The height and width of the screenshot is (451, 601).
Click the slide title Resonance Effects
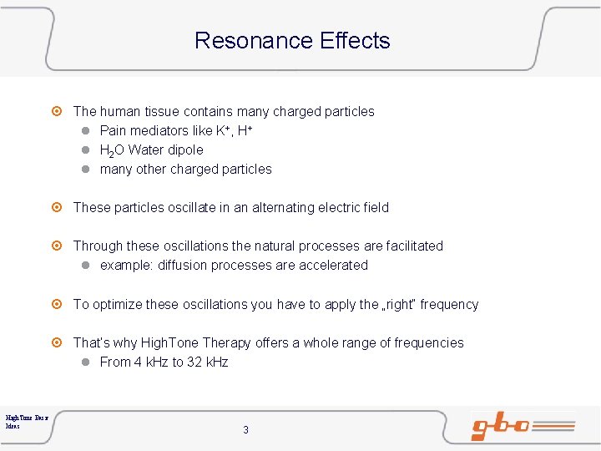pos(292,40)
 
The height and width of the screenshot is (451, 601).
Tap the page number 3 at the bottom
pos(245,430)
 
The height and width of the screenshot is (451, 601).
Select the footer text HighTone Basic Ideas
pos(27,420)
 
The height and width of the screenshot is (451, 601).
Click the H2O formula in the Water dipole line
pos(112,150)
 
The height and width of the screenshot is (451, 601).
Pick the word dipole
pos(184,149)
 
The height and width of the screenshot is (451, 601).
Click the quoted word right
pos(399,304)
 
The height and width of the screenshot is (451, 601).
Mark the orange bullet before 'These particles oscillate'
pos(57,207)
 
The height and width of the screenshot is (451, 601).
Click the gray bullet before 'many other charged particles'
pos(86,169)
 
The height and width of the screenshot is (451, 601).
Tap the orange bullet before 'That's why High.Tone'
pos(57,342)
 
